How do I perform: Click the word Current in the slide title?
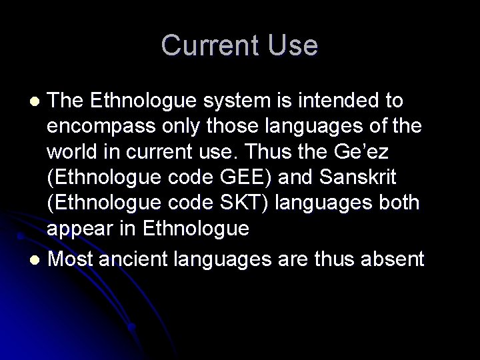(x=208, y=45)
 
